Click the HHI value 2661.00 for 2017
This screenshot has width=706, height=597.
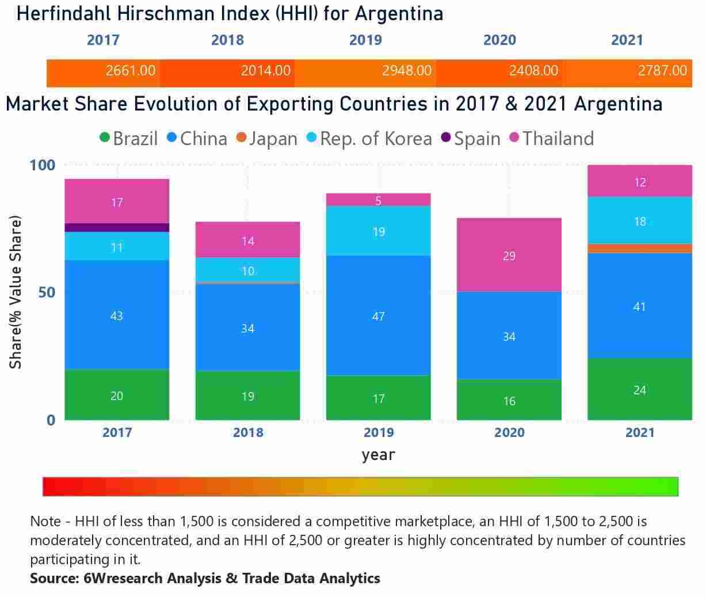tap(131, 71)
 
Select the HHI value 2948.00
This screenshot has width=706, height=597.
tap(406, 71)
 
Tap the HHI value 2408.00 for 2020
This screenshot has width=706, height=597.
tap(533, 71)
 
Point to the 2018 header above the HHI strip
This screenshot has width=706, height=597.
tap(227, 40)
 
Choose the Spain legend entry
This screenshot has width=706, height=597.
tap(470, 139)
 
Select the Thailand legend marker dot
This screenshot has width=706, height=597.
tap(514, 138)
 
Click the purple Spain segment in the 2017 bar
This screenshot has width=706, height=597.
tap(117, 227)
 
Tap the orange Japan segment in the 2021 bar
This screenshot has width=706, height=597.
tap(639, 248)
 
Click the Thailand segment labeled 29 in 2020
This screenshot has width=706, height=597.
tap(509, 255)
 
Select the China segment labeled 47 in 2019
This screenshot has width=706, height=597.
tap(378, 315)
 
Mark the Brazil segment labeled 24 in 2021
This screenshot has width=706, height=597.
tap(639, 389)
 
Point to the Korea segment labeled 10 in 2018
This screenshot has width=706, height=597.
tap(247, 270)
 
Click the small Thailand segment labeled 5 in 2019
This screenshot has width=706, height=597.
tap(378, 200)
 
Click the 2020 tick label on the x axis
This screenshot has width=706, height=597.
tap(509, 432)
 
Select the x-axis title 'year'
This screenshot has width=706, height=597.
tap(378, 455)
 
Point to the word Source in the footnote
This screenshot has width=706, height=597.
tap(52, 578)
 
